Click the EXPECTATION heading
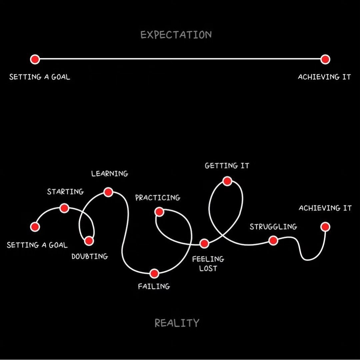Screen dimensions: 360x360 click(x=176, y=35)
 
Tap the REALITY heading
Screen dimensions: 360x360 click(x=177, y=323)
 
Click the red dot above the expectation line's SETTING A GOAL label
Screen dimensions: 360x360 click(x=35, y=59)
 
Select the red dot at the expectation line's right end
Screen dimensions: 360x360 click(x=325, y=59)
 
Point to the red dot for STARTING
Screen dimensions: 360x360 click(x=64, y=208)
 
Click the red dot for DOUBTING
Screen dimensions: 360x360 click(x=89, y=241)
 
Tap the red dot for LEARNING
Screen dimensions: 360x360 click(x=108, y=192)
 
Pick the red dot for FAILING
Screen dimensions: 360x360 click(x=154, y=274)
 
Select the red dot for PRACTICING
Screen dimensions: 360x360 click(x=159, y=212)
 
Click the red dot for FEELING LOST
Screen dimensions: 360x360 click(x=204, y=243)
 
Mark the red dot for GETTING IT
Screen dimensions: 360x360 click(x=227, y=181)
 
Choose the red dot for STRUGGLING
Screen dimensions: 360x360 click(x=273, y=240)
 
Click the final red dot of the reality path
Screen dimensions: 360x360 click(x=325, y=227)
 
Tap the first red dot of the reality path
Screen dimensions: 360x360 click(x=35, y=227)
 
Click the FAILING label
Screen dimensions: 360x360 click(x=154, y=286)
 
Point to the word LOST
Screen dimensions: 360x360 click(x=208, y=268)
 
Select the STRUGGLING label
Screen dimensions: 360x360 click(x=273, y=227)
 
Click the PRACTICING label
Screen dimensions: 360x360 click(x=158, y=198)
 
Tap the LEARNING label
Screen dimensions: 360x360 click(x=110, y=173)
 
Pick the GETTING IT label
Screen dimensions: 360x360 click(x=227, y=165)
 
